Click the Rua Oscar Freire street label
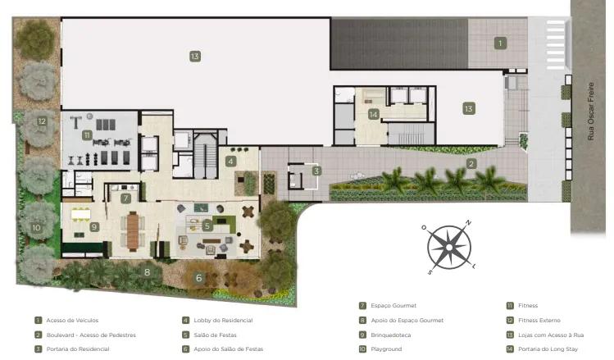coord(591,112)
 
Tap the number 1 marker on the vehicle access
coord(500,43)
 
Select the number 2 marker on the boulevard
coord(471,164)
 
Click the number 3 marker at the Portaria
coord(316,171)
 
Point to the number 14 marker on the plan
coord(374,114)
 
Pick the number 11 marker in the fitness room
coord(87,135)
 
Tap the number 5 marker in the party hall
coord(207,226)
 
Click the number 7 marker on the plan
coord(125,198)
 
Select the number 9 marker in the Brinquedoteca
coord(94,227)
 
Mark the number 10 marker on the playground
coord(36,228)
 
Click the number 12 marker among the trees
coord(42,121)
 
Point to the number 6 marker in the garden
coord(199,278)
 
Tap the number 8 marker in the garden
coord(148,272)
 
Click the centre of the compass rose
coord(448,248)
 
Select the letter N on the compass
coord(468,223)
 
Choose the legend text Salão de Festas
coord(215,335)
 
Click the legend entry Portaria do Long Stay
coord(548,349)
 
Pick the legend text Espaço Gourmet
coord(393,306)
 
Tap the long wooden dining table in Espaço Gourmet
coord(133,231)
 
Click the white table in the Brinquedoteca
coord(80,214)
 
